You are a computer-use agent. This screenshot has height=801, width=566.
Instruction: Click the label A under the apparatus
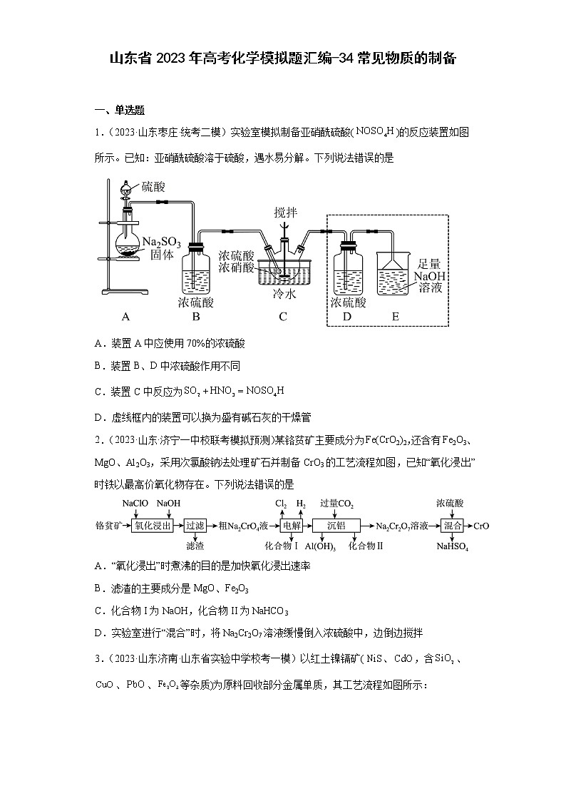pos(125,317)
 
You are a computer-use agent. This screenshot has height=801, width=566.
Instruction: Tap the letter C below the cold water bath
pos(282,317)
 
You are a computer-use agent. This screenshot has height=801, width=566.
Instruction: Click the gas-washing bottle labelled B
pos(195,270)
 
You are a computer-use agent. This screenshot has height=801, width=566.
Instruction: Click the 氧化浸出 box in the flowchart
pos(153,526)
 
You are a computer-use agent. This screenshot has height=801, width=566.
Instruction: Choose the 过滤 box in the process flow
pos(195,526)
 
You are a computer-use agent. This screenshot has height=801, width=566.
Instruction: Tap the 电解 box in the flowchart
pos(292,526)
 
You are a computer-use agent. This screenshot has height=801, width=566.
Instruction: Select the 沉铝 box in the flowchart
pos(336,526)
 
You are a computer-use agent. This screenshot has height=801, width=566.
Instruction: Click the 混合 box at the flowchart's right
pos(452,526)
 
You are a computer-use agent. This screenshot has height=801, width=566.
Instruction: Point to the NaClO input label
pos(135,504)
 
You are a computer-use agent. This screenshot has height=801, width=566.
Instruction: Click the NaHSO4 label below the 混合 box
pos(453,546)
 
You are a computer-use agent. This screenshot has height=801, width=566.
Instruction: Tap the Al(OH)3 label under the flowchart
pos(321,546)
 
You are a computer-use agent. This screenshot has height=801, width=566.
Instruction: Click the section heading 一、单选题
pos(120,110)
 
